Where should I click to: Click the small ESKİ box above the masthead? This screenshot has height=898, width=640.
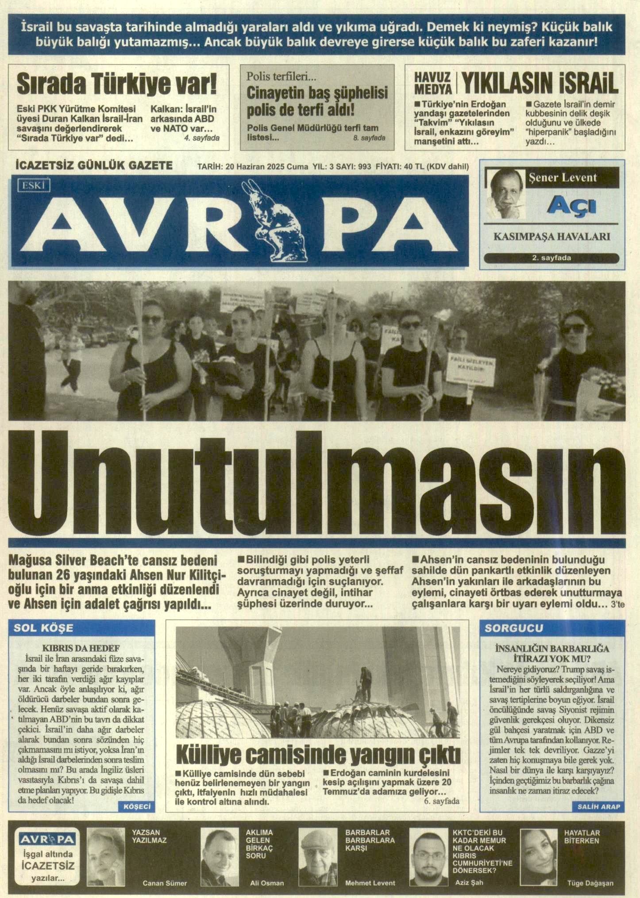tap(33, 185)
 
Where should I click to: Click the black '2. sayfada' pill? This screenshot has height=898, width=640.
tap(551, 258)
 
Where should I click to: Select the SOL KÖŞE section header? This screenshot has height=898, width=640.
tap(44, 628)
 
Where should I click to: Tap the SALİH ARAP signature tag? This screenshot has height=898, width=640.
tap(598, 807)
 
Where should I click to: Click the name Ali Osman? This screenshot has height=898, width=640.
tap(267, 883)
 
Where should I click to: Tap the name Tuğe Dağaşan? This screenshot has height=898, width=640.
tap(590, 883)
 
